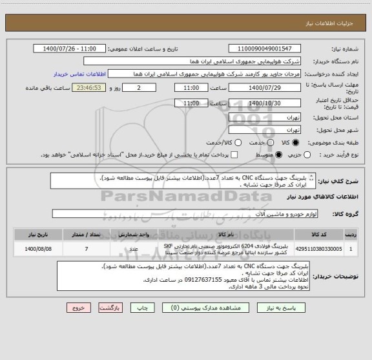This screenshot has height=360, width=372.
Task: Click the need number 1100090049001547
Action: coord(265,49)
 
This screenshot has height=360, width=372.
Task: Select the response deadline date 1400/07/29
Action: coord(265,87)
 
